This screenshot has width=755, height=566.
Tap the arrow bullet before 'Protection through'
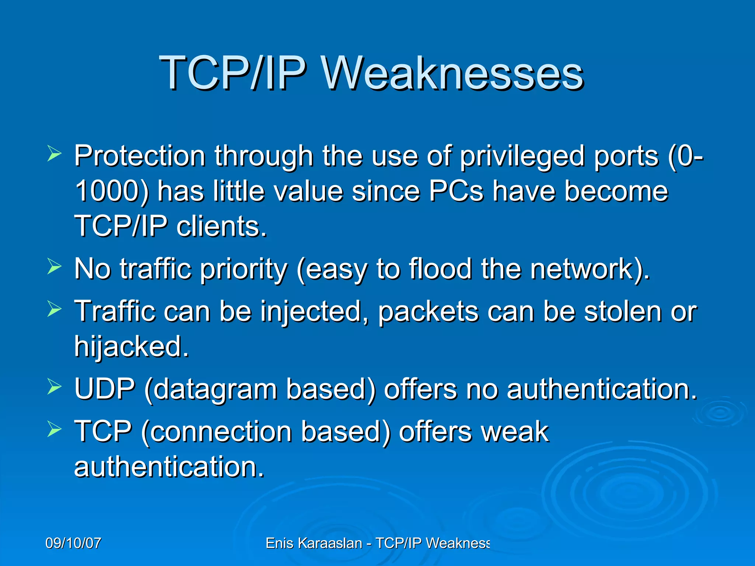pyautogui.click(x=54, y=154)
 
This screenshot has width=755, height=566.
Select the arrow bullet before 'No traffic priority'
pyautogui.click(x=54, y=266)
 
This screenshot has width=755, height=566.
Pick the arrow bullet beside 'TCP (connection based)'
pyautogui.click(x=54, y=429)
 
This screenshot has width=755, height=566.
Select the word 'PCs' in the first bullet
pyautogui.click(x=456, y=191)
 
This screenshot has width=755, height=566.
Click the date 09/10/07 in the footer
pyautogui.click(x=73, y=543)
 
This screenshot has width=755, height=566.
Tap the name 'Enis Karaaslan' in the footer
pyautogui.click(x=314, y=543)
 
